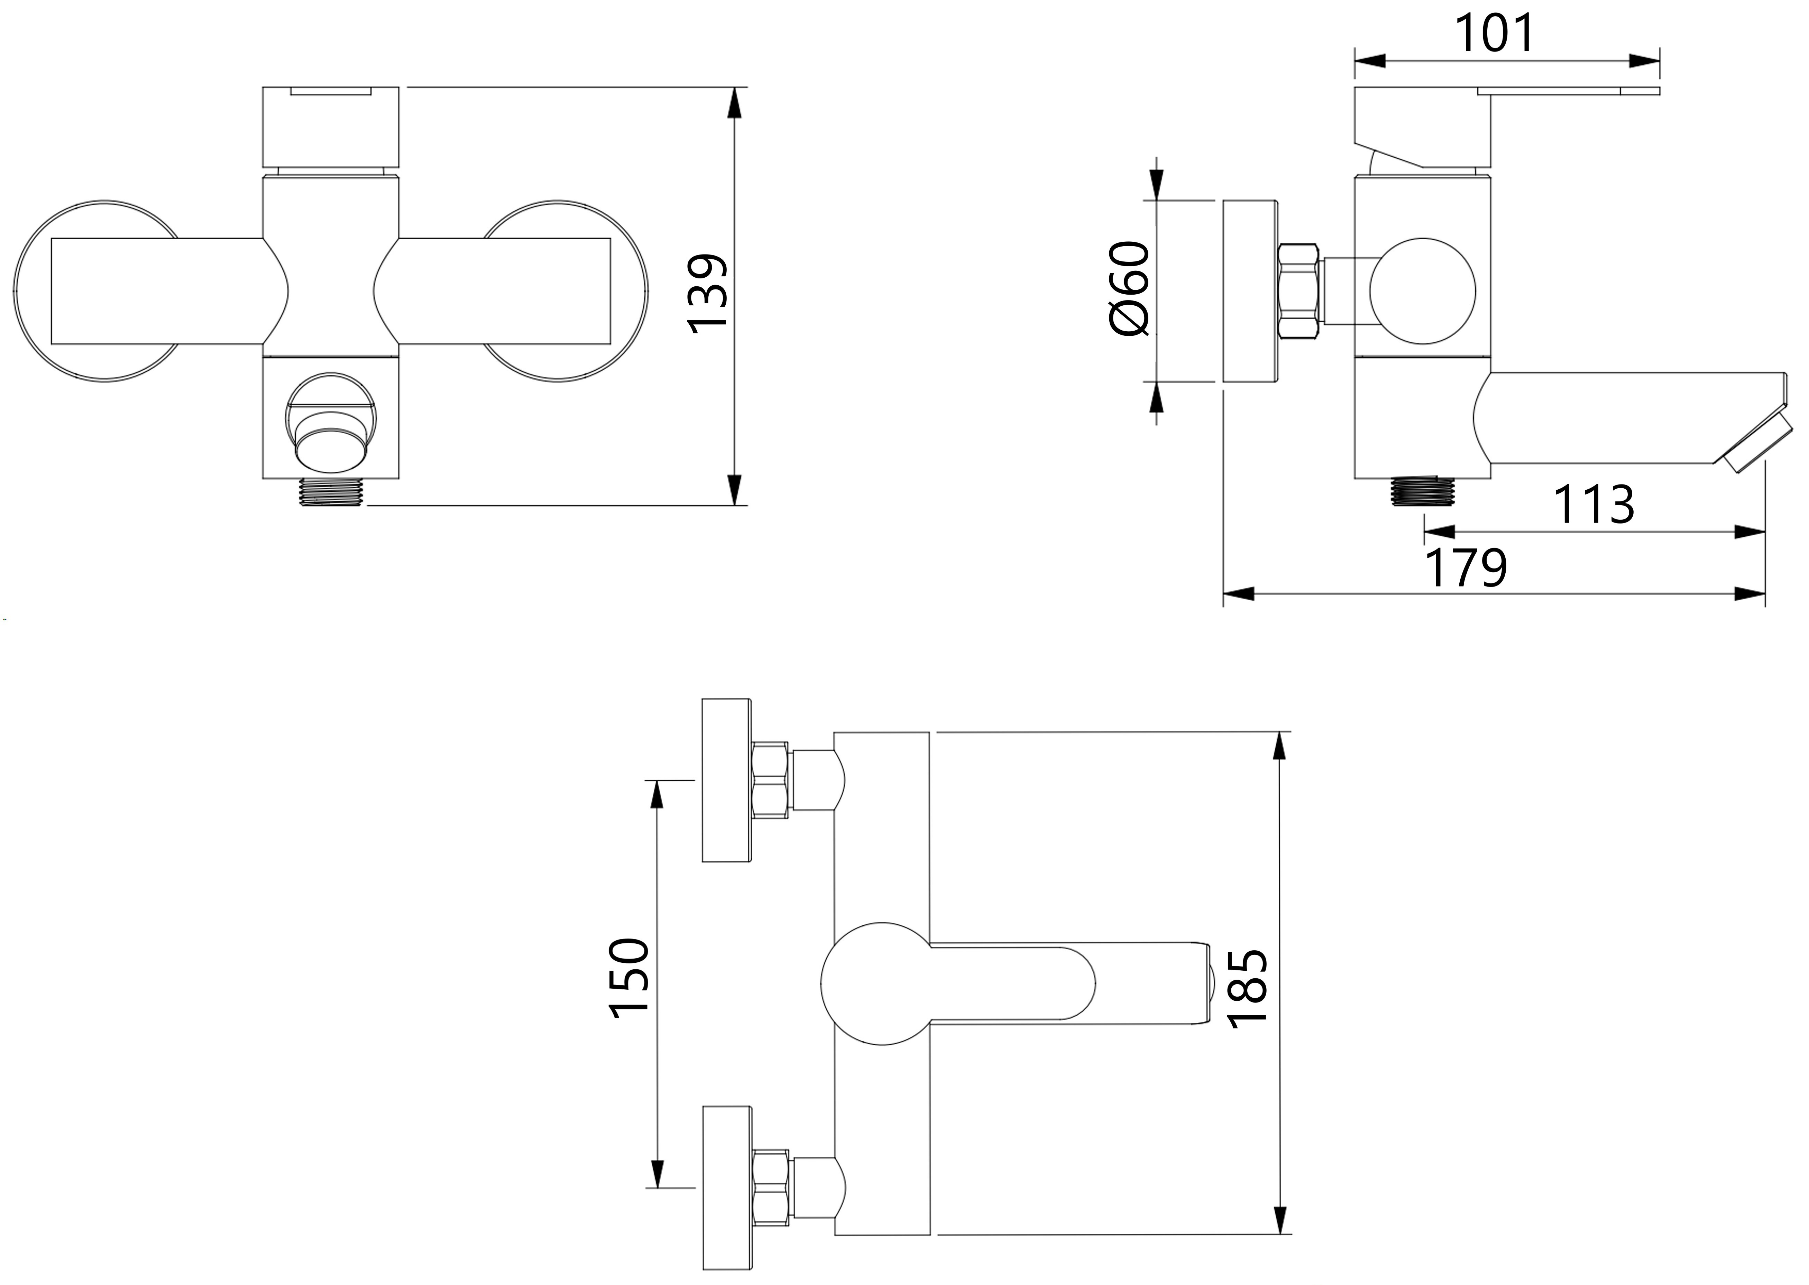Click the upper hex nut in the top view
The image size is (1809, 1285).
[770, 779]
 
